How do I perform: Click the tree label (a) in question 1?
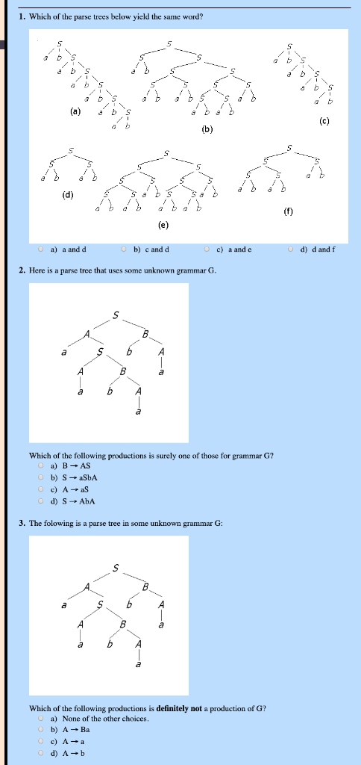tap(75, 113)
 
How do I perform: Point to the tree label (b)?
tap(207, 128)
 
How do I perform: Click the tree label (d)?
tap(69, 196)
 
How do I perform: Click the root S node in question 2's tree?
tap(116, 316)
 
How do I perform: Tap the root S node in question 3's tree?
tap(116, 569)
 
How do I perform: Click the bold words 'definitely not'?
tap(179, 707)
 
